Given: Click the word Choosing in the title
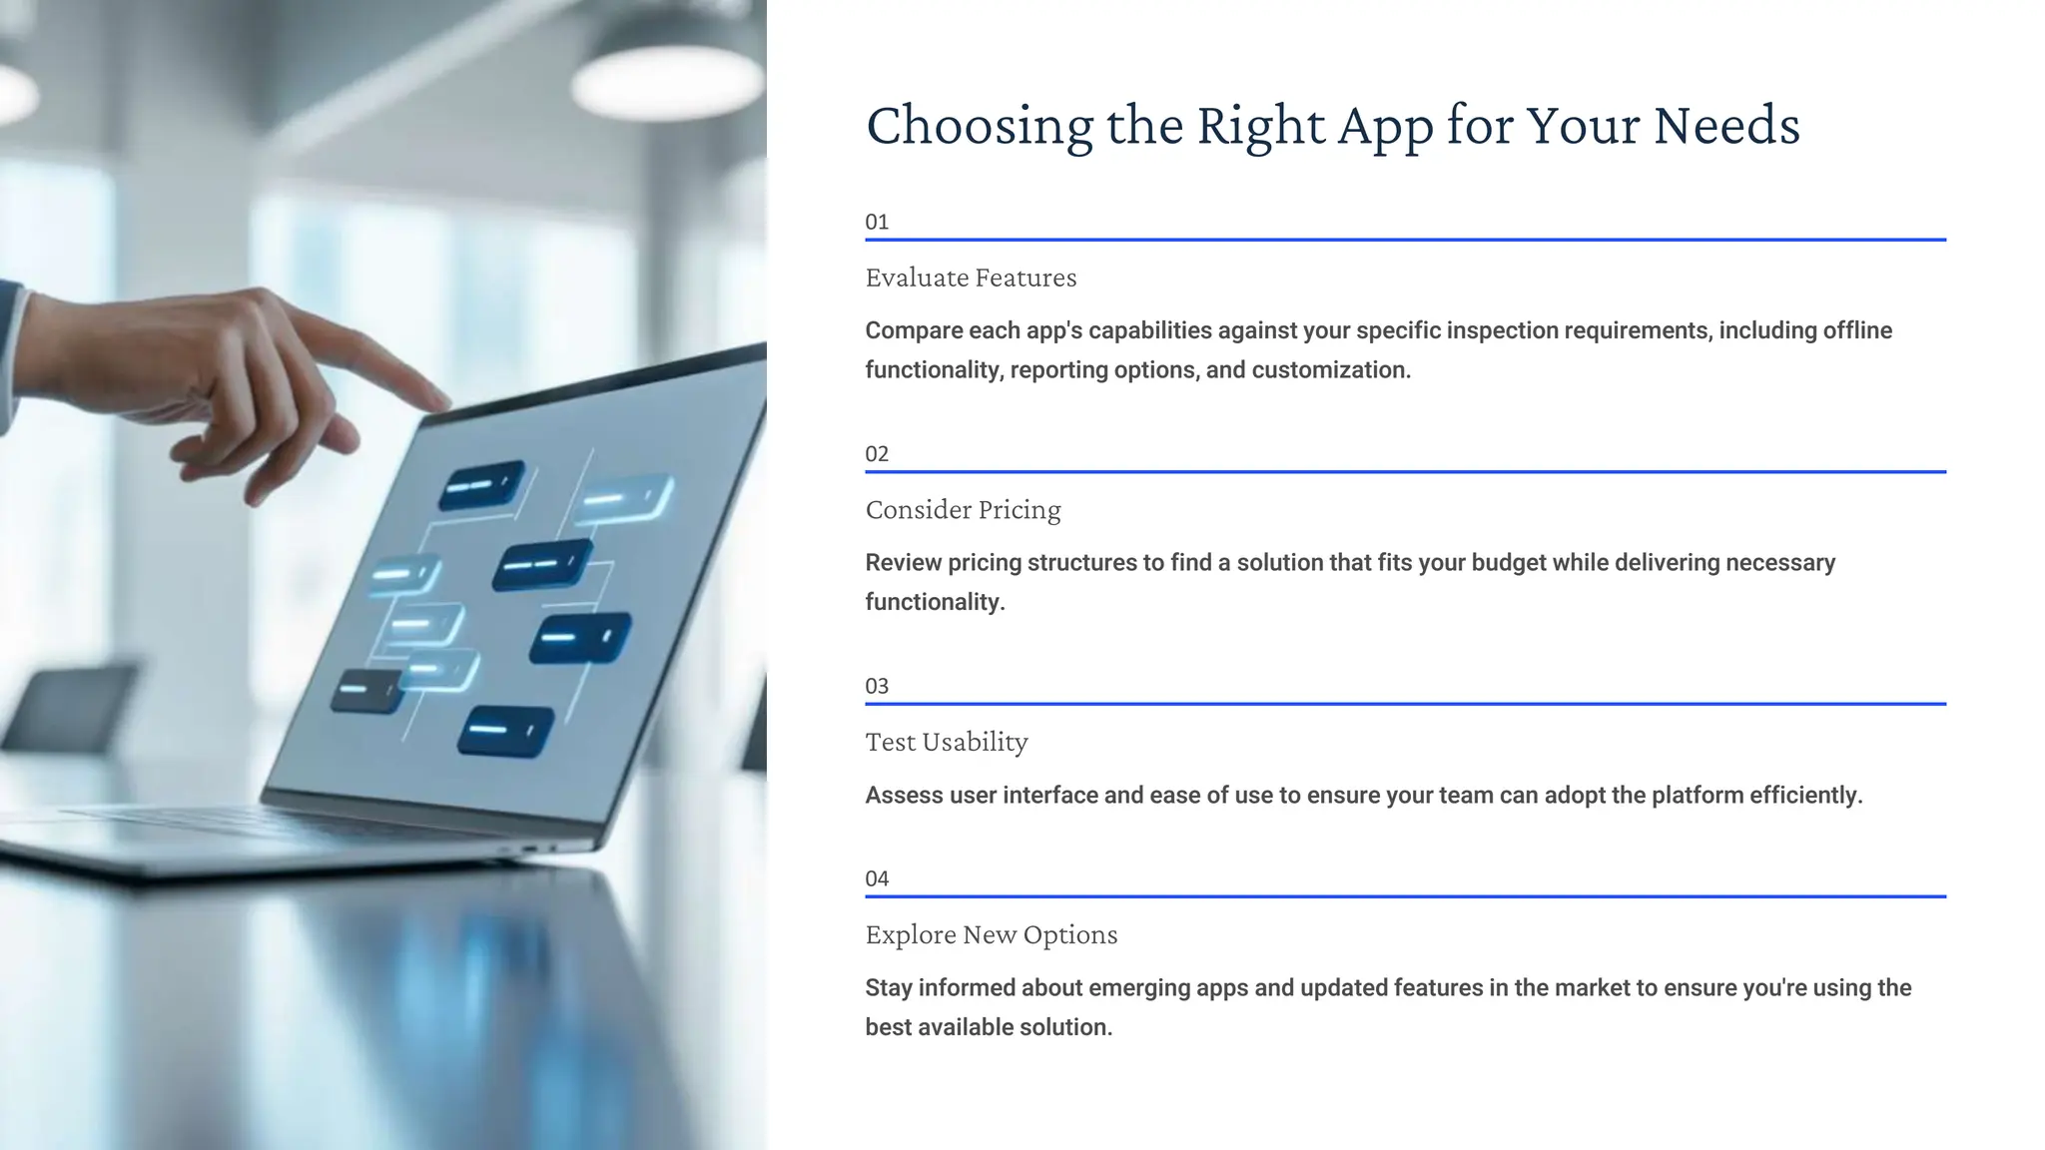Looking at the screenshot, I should coord(979,127).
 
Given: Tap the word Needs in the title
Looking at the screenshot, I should coord(1725,127).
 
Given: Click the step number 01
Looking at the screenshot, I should coord(877,222).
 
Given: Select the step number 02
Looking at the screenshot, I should coord(877,454).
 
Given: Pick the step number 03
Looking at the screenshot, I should coord(877,687).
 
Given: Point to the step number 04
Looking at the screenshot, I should coord(877,879).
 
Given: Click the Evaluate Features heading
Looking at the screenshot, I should coord(971,278).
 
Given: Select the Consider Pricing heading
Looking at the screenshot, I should coord(963,510).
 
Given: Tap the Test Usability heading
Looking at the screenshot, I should coord(946,743).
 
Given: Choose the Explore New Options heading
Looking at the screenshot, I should coord(991,935).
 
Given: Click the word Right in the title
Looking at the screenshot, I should coord(1261,127).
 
